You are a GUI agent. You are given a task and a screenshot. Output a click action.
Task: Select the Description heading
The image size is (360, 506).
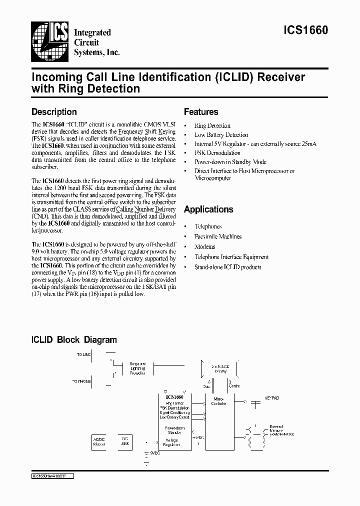tap(54, 112)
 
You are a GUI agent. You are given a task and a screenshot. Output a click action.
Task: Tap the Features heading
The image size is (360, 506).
tap(201, 112)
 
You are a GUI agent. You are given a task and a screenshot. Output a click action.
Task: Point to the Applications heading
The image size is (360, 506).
tap(208, 209)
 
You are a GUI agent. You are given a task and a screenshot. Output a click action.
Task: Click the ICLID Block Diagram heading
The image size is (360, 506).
tap(74, 340)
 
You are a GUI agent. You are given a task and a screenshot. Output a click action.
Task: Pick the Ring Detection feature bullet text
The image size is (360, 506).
tap(212, 126)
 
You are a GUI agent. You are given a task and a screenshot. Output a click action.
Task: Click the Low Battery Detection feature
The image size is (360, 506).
tap(221, 135)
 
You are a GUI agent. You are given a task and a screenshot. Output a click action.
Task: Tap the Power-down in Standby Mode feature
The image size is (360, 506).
tap(230, 162)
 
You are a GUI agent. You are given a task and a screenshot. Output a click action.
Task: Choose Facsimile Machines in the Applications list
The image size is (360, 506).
tap(218, 236)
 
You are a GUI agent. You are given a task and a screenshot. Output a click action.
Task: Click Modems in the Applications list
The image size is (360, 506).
tap(205, 247)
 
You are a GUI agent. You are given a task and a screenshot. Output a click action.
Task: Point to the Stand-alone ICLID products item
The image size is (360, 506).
tap(227, 267)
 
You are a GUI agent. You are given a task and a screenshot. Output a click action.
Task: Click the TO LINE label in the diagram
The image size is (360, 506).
tap(84, 354)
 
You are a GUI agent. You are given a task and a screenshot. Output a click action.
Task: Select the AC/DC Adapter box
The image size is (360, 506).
tap(99, 441)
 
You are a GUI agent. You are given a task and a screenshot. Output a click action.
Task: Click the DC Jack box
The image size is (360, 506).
tap(125, 441)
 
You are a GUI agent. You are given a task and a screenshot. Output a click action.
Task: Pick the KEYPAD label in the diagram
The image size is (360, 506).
tap(272, 398)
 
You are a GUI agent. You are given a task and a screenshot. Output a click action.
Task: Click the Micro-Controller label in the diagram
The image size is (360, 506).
tap(219, 401)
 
